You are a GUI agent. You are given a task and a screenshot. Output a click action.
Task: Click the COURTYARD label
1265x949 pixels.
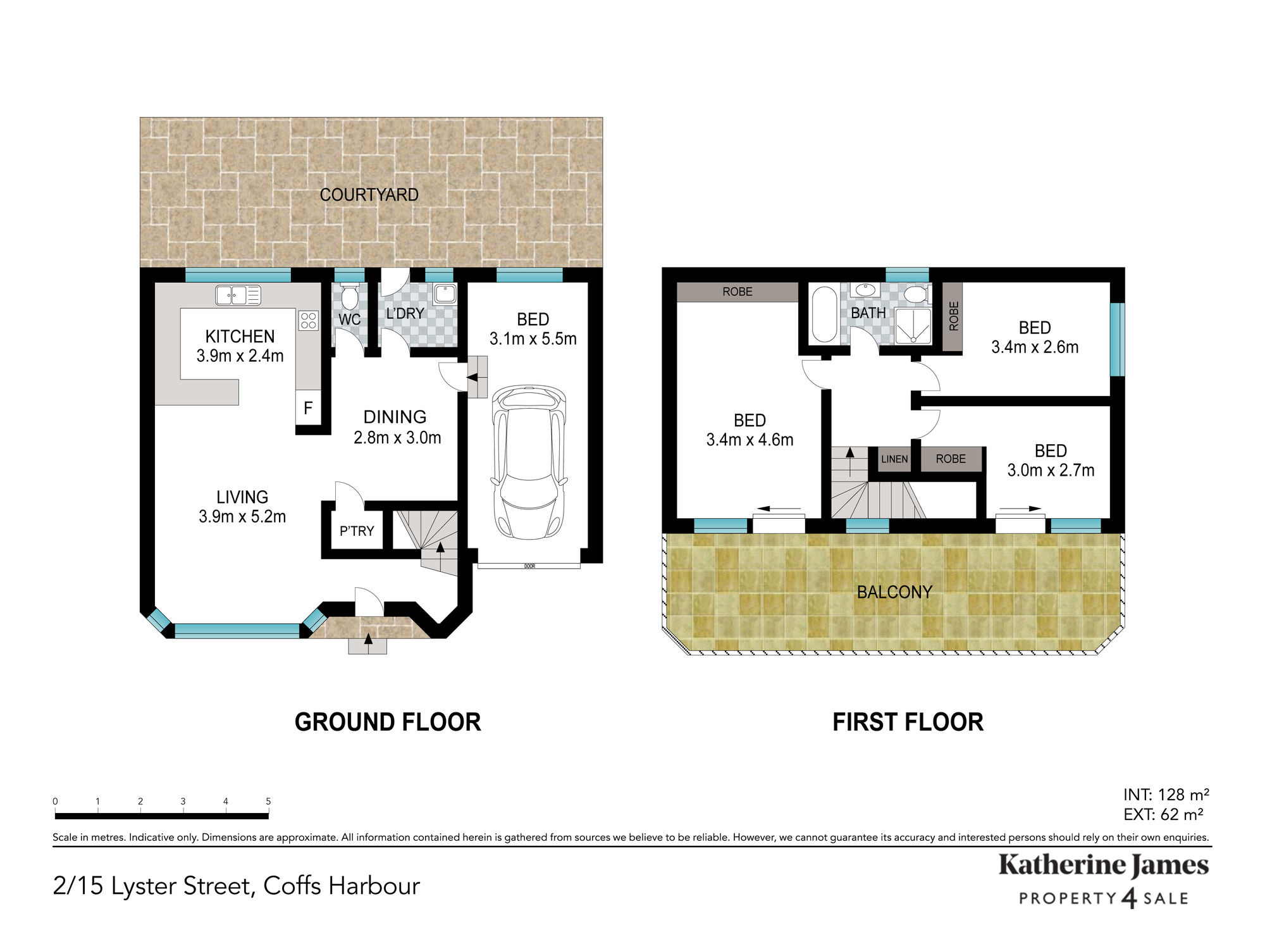[369, 195]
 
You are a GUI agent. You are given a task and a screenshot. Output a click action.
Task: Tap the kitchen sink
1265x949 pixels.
[238, 295]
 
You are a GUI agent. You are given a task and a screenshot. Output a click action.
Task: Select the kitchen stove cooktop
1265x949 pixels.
[309, 321]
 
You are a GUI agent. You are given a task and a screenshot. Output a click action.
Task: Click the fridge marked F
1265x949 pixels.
[308, 408]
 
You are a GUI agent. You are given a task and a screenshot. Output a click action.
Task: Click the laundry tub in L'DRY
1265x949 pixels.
[445, 294]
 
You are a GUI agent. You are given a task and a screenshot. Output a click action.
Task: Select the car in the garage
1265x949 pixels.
[528, 462]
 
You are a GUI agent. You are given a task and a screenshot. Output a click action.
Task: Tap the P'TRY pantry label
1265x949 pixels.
[357, 531]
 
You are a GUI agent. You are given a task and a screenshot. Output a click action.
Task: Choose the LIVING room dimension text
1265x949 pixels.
[242, 517]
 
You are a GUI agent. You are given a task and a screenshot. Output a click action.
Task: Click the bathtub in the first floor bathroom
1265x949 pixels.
[824, 314]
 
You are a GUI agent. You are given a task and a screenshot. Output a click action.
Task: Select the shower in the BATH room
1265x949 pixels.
[913, 326]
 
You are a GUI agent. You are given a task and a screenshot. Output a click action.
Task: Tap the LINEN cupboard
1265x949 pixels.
[894, 459]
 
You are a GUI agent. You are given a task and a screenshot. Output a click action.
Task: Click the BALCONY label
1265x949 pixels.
[894, 592]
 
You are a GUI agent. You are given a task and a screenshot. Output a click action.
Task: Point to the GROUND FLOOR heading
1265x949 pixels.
[388, 722]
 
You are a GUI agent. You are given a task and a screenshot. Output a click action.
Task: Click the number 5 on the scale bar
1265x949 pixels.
[268, 802]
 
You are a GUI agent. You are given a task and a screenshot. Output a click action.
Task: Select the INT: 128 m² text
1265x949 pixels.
[1166, 795]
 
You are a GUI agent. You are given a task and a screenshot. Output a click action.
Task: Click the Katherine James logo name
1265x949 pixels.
[1104, 865]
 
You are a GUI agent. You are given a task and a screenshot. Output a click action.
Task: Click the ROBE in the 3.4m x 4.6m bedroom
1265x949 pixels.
[737, 292]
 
